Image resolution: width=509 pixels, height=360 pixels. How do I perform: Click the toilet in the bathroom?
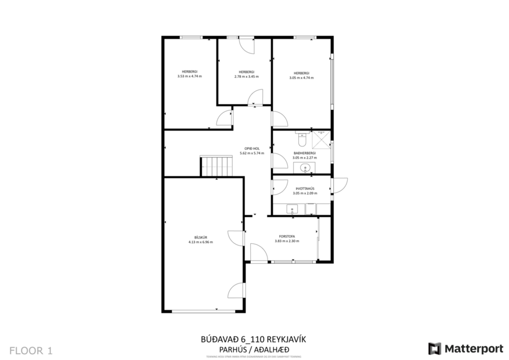[301, 140]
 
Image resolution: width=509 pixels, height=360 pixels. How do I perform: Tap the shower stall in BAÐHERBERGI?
[320, 140]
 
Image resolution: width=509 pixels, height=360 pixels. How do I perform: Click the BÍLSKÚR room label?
[200, 237]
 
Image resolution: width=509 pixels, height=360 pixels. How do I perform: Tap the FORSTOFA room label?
[287, 236]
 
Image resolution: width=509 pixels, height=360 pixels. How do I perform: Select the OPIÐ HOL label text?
[251, 149]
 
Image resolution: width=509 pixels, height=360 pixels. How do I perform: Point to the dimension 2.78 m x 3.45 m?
[244, 77]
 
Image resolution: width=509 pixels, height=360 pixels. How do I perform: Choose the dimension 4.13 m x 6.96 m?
[200, 242]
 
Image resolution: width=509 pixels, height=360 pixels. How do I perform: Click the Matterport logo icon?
[434, 348]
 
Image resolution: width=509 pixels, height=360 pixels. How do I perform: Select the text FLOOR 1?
[31, 350]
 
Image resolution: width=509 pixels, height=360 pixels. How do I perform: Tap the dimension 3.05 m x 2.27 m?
[304, 157]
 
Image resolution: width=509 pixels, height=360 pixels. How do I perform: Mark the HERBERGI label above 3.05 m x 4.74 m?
[301, 73]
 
